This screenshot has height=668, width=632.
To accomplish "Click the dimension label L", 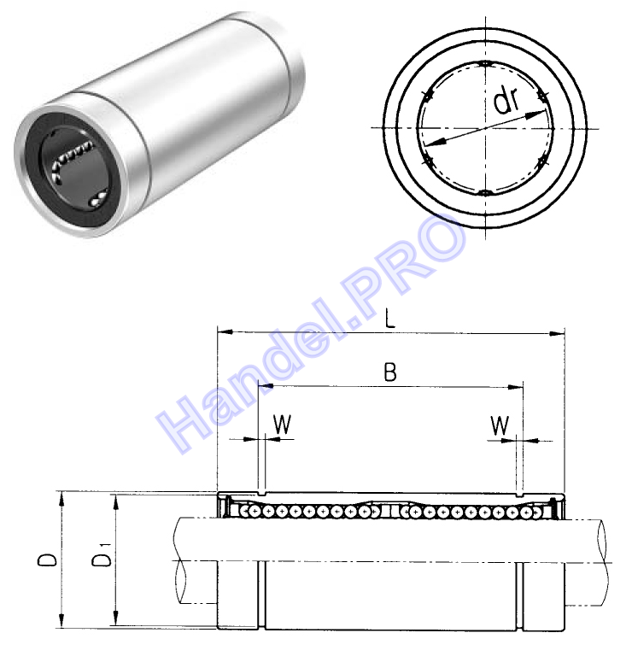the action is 390,319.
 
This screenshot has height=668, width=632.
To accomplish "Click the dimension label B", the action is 390,372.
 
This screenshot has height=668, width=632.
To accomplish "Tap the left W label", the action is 282,424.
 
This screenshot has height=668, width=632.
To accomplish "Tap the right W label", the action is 500,425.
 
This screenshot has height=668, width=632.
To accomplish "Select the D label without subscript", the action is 47,560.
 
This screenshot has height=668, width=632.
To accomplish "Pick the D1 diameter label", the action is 102,555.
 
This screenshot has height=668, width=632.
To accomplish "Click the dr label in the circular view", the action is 506,101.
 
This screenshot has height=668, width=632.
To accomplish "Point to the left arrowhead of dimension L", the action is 225,331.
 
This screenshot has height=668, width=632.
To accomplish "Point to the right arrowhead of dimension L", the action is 557,334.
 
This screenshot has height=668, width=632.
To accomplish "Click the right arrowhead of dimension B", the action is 515,387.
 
